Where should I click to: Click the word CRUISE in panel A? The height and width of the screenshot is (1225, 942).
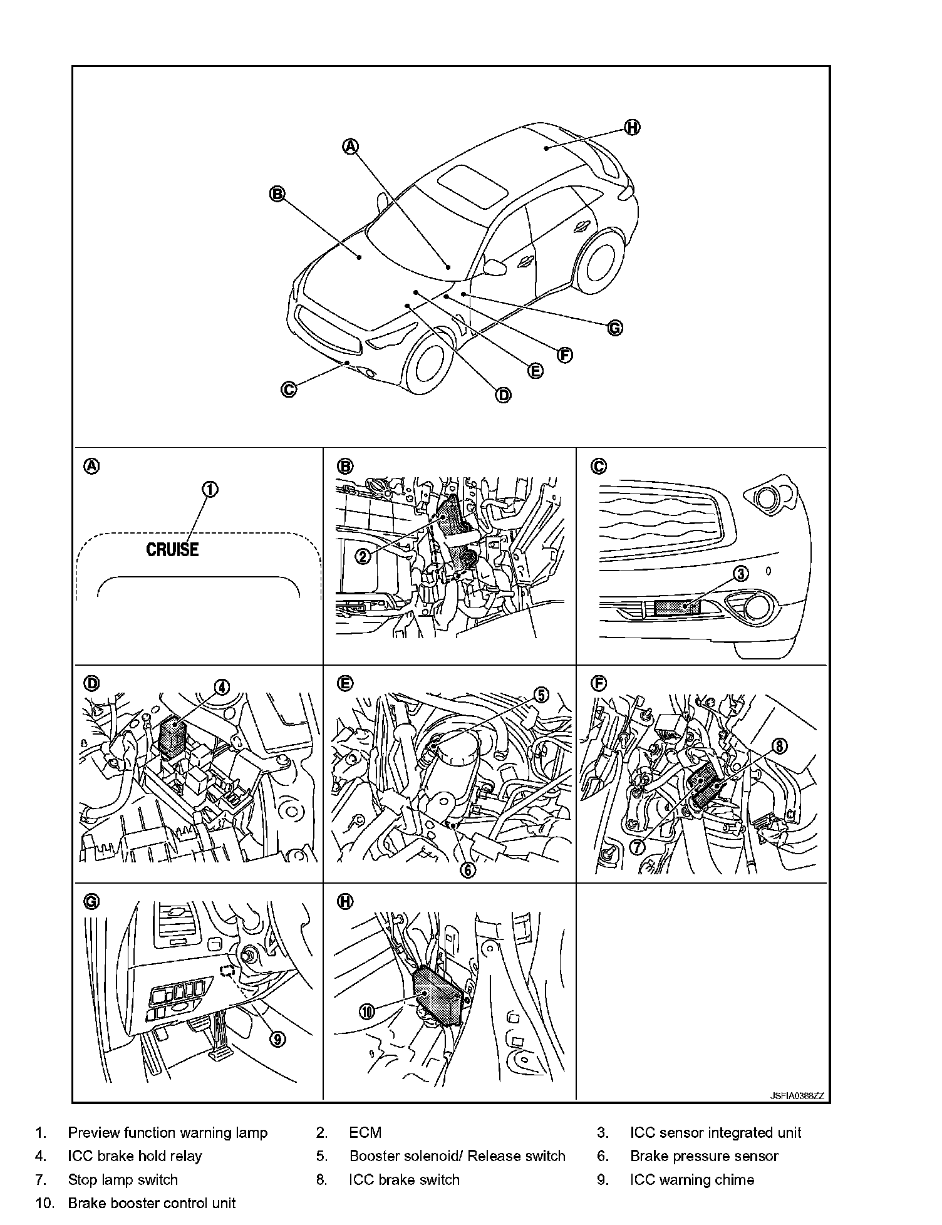coord(172,550)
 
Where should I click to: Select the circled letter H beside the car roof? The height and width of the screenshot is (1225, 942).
coord(632,128)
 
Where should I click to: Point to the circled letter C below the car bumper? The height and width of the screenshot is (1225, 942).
coord(288,390)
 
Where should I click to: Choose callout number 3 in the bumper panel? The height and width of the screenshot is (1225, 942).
coord(741,574)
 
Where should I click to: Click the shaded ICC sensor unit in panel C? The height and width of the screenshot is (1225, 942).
coord(676,607)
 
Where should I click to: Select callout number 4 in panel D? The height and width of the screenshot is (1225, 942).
coord(222,688)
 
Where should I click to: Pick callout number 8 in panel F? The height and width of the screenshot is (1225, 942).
coord(779,746)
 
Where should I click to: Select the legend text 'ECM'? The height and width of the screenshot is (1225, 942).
coord(365,1133)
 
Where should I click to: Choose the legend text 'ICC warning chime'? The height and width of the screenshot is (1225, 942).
coord(691,1180)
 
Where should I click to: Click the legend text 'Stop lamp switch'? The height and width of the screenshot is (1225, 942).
coord(123,1180)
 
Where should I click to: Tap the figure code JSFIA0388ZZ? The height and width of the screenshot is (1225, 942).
coord(797,1096)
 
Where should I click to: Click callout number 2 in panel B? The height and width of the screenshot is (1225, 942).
coord(363,556)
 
